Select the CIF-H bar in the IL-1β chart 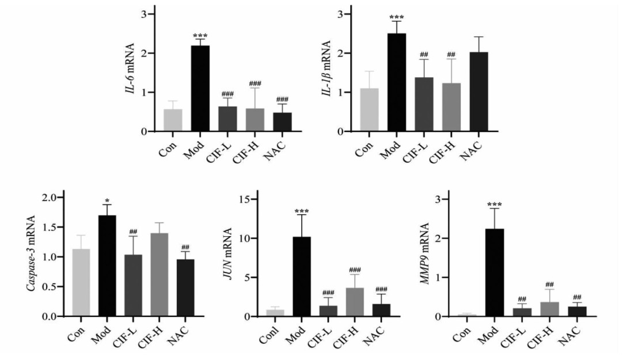coord(451,107)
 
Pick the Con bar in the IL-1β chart coord(369,109)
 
